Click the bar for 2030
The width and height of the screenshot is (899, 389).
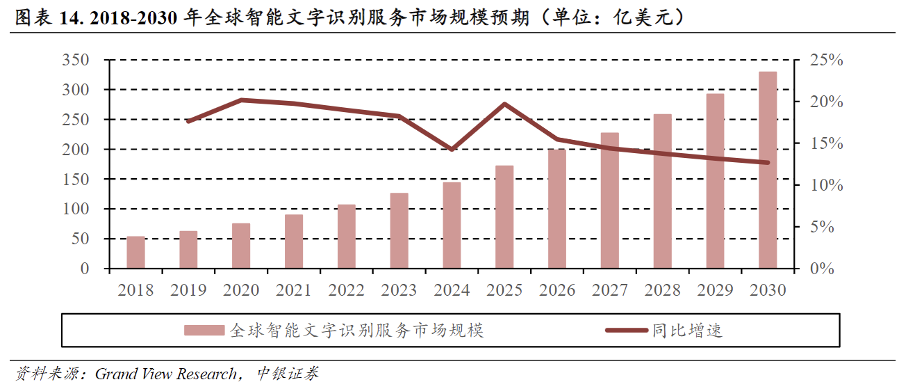(768, 170)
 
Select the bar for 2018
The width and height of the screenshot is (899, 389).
(135, 252)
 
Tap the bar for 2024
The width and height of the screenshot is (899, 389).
(452, 225)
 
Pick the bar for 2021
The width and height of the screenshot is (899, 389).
(294, 241)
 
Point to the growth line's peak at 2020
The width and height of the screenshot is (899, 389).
(241, 100)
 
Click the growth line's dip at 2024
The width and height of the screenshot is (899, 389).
(452, 149)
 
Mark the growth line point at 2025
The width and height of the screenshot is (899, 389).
(504, 104)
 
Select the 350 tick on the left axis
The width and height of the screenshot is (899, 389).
(76, 61)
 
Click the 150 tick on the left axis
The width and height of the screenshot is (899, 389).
(76, 180)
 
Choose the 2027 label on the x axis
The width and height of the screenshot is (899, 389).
(609, 290)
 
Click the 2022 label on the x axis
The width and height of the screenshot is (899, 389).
(346, 290)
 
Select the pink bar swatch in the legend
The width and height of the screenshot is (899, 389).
(204, 330)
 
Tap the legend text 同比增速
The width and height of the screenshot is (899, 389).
(688, 330)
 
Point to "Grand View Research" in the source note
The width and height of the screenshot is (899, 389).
(165, 374)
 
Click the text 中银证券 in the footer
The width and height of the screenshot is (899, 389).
(288, 374)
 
